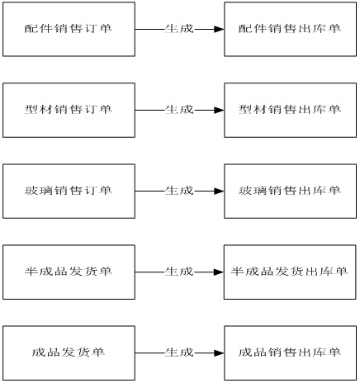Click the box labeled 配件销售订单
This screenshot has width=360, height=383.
tap(69, 29)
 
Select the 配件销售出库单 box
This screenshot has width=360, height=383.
tap(291, 29)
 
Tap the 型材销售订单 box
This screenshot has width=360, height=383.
tap(69, 110)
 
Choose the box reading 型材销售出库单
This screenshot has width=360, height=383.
tap(291, 110)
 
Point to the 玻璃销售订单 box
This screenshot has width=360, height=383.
tap(69, 191)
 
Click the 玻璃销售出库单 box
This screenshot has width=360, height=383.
tap(291, 191)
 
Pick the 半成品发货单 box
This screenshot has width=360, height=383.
tap(69, 272)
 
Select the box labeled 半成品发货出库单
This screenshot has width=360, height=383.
tap(290, 272)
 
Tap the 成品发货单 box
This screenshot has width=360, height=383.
tap(69, 353)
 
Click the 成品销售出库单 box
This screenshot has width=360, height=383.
tap(291, 353)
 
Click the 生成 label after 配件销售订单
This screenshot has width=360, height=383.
tap(179, 29)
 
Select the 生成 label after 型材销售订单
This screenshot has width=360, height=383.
tap(179, 110)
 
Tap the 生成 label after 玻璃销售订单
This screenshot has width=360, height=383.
tap(179, 191)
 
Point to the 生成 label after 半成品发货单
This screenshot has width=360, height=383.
tap(179, 272)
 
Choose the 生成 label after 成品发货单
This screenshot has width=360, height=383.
tap(179, 352)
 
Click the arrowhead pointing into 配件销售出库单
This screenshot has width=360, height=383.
tap(219, 29)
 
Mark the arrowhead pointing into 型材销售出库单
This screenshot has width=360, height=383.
tap(219, 110)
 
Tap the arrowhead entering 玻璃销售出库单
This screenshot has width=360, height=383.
tap(219, 191)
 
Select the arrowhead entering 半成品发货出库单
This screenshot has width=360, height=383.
tap(219, 272)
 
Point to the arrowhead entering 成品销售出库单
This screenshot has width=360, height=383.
tap(219, 353)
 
